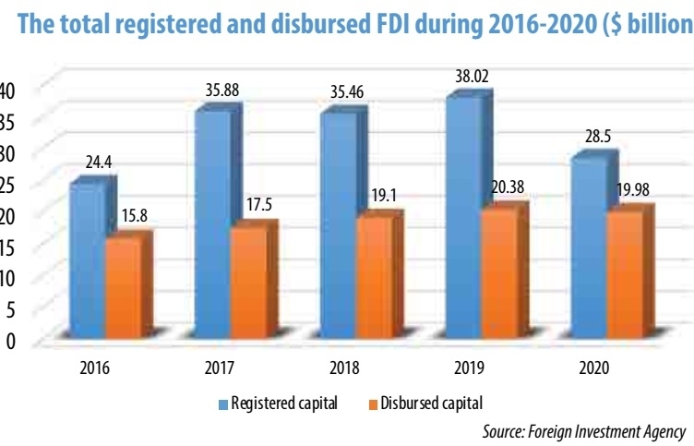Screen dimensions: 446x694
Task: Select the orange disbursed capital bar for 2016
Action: pyautogui.click(x=124, y=286)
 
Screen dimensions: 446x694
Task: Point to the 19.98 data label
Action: pyautogui.click(x=634, y=190)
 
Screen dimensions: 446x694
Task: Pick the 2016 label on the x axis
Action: pyautogui.click(x=94, y=368)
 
